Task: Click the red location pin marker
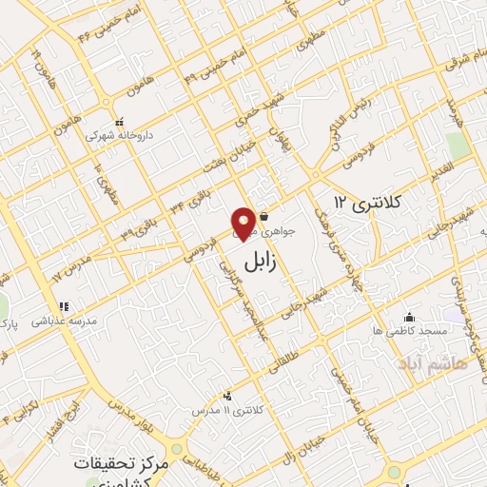point(244,223)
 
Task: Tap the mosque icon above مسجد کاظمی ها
point(409,317)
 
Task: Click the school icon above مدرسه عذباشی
point(64,306)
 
